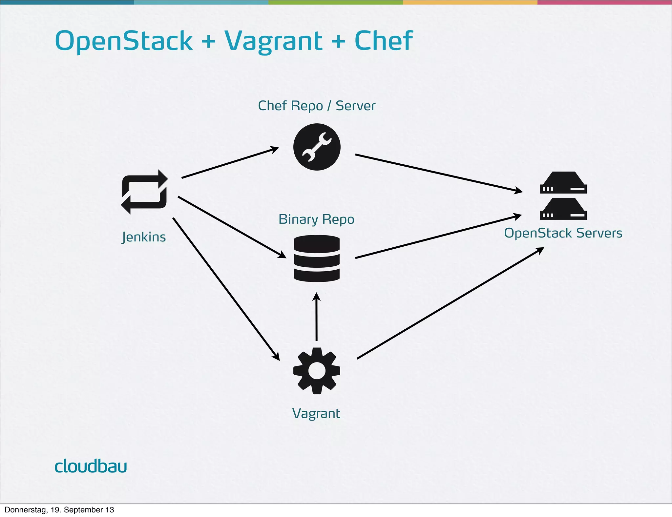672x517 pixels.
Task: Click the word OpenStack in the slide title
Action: pos(124,41)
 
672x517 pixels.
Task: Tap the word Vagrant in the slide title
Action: pos(273,41)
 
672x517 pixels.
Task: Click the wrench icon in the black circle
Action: pos(317,147)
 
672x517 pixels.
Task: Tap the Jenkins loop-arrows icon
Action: pos(144,192)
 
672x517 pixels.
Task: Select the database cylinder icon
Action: pos(317,258)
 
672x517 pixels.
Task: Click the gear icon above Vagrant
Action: pos(317,371)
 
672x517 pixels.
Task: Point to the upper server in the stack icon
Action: pos(563,183)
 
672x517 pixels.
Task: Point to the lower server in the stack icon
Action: pos(563,209)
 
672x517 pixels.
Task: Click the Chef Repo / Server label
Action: pos(317,106)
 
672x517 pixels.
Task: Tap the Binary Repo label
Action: pos(316,219)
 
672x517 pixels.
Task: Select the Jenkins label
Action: pos(144,237)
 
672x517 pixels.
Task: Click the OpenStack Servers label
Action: pos(563,233)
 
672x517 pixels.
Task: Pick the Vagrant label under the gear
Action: pos(316,413)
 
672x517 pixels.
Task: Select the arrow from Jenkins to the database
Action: pos(231,227)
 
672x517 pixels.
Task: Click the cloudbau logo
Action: pos(91,466)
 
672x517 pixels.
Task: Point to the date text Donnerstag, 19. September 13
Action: pos(59,510)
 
